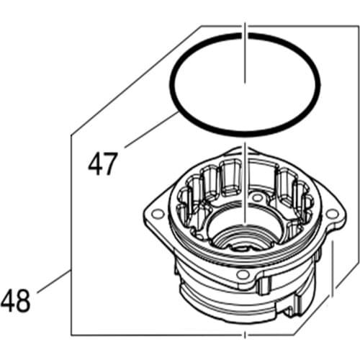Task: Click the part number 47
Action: [103, 164]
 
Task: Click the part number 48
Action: [16, 300]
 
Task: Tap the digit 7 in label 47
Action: [111, 164]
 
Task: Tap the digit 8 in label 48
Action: [24, 300]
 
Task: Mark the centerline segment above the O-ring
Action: [246, 32]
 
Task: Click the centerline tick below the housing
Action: [246, 337]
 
